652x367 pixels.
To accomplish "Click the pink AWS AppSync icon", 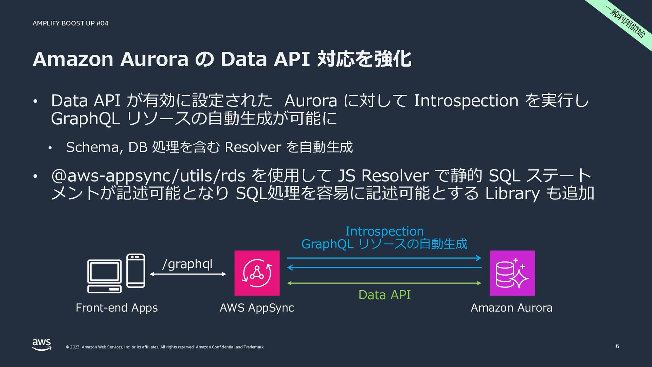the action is (257, 273).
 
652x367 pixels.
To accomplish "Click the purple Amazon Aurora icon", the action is (512, 273).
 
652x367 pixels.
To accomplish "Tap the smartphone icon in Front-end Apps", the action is (135, 270).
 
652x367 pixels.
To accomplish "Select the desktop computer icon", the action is (104, 276).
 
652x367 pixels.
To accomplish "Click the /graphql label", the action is (187, 264).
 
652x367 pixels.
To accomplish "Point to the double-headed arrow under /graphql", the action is (188, 274).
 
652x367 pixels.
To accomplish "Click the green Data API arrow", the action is (384, 283).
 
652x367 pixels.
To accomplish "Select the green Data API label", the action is (384, 295).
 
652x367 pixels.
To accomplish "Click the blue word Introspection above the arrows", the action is (384, 231).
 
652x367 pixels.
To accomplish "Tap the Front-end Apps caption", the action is (116, 308).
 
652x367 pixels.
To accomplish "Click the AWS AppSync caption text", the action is (257, 308).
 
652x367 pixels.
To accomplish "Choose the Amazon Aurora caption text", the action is (511, 308).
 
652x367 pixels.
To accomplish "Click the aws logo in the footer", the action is (42, 345).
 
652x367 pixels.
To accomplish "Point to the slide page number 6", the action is (617, 346).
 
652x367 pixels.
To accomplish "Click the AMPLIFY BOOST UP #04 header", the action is (70, 23).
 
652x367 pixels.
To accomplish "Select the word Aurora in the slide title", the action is (154, 59).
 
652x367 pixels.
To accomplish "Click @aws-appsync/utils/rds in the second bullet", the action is (148, 176).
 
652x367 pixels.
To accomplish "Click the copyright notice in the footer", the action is (165, 347).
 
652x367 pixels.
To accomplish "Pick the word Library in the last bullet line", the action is (512, 193).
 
